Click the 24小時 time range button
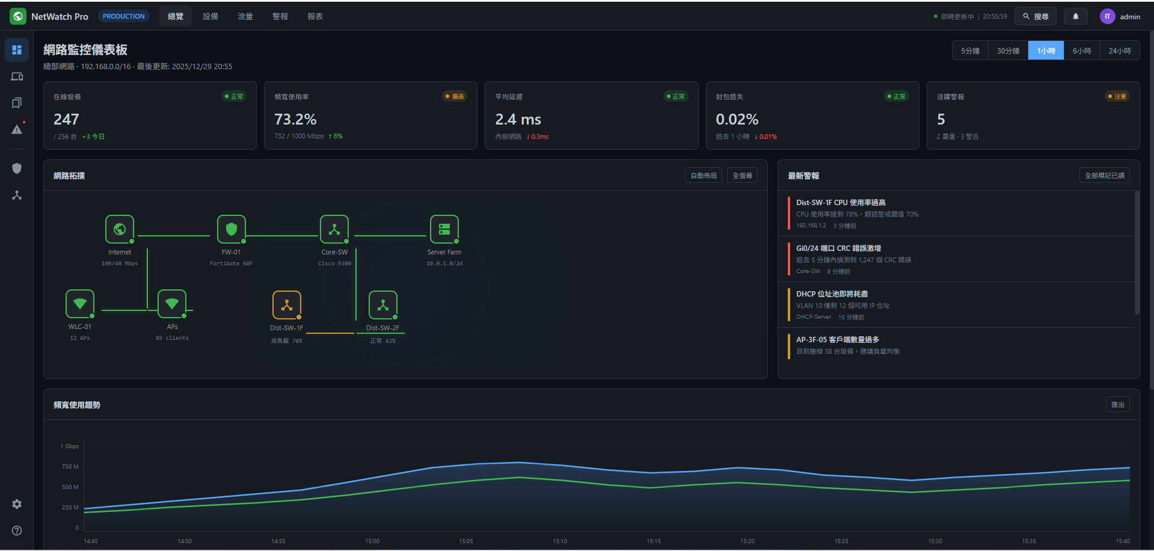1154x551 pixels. click(1119, 51)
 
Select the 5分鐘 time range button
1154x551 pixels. click(970, 51)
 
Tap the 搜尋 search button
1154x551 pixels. click(1035, 17)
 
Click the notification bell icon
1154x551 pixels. click(1076, 17)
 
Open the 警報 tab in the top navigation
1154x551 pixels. click(280, 17)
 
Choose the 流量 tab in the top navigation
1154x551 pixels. click(245, 17)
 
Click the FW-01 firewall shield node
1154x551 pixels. click(232, 229)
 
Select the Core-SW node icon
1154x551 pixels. click(334, 229)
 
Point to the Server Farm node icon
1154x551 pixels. click(444, 229)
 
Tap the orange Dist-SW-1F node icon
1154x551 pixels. click(287, 305)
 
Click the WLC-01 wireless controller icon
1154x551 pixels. click(80, 304)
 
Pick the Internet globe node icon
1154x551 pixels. click(120, 229)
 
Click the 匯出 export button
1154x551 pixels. click(1117, 405)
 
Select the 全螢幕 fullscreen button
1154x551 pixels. click(742, 176)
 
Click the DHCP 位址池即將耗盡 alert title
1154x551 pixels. click(832, 294)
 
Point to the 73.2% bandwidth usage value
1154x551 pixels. click(295, 119)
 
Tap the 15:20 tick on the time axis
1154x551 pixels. click(747, 541)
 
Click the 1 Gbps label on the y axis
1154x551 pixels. click(70, 446)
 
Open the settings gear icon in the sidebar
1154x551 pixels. click(17, 504)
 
